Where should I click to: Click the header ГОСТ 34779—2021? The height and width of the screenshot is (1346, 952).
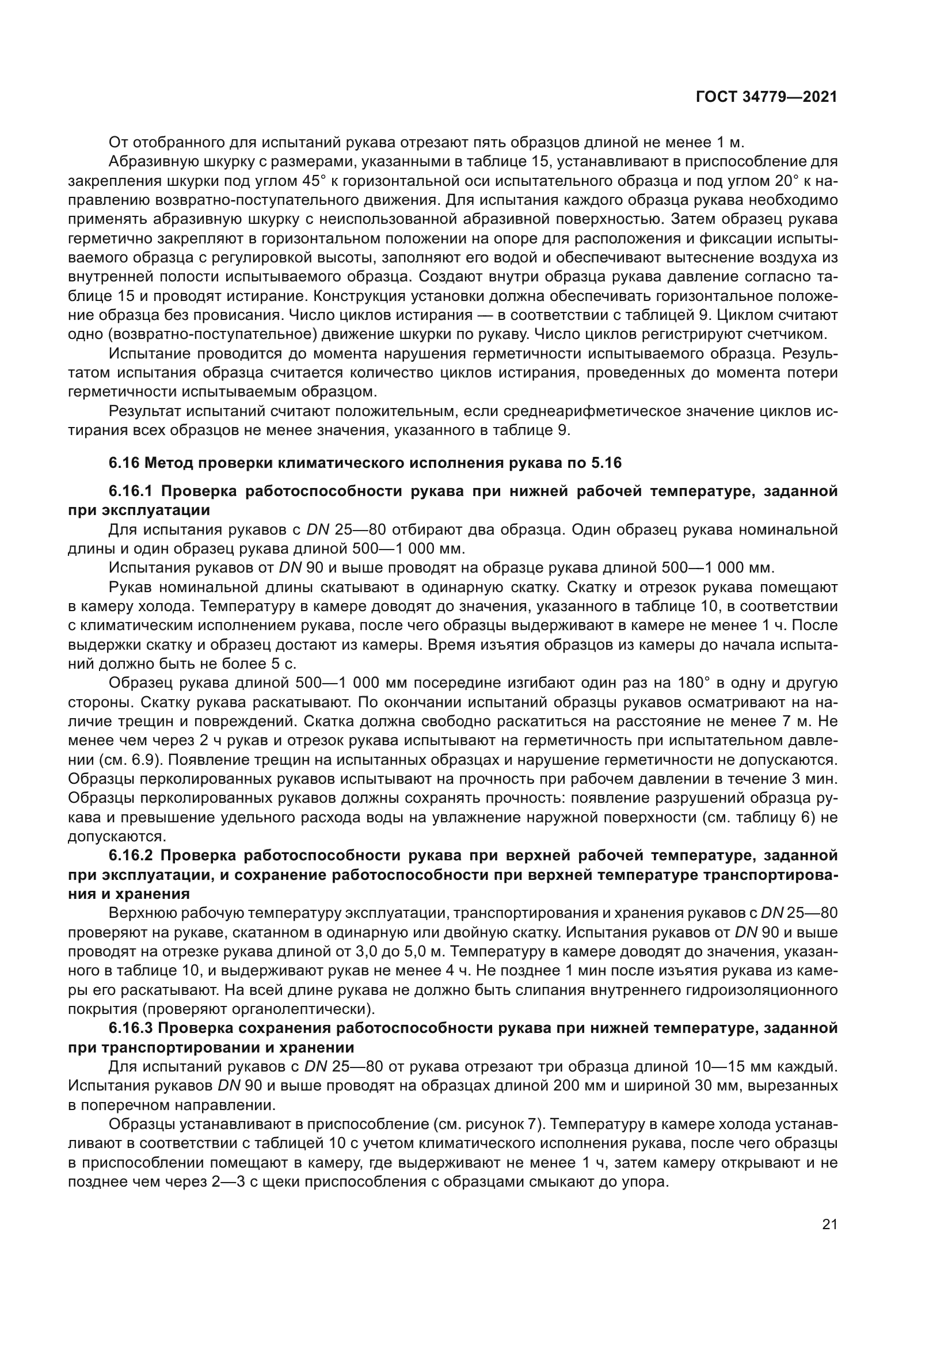766,97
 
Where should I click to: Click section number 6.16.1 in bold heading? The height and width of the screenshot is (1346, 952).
131,491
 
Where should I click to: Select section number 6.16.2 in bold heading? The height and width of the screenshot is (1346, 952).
131,855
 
